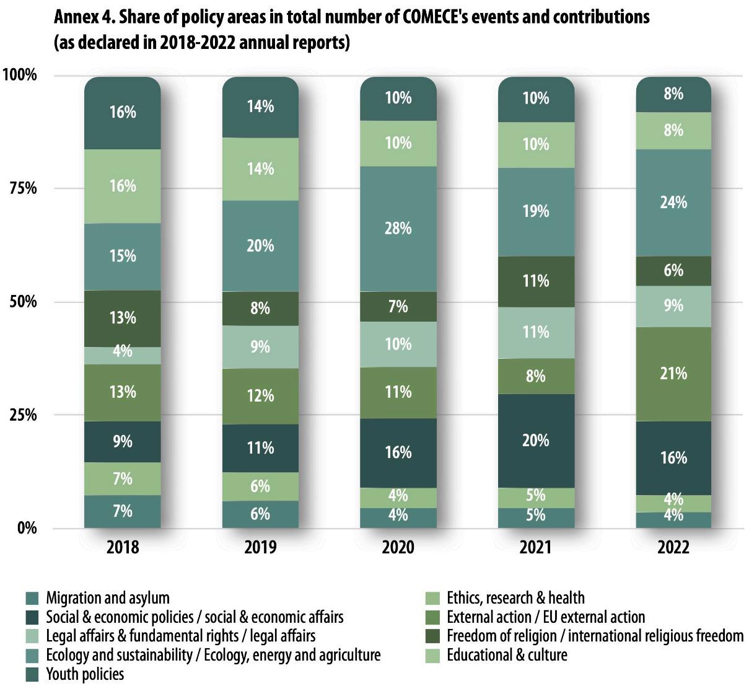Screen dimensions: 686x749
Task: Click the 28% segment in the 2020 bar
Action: (x=398, y=229)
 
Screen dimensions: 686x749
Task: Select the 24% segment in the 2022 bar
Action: (x=673, y=203)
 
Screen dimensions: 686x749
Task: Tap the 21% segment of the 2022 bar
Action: (x=673, y=374)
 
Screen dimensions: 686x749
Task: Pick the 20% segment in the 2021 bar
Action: (x=536, y=441)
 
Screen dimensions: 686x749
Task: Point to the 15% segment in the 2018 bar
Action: (x=123, y=256)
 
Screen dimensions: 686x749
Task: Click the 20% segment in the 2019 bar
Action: (x=260, y=246)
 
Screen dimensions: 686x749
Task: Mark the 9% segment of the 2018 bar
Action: (x=123, y=442)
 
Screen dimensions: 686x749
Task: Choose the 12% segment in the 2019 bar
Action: (x=260, y=395)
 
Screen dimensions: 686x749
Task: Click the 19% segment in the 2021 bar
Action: (x=536, y=211)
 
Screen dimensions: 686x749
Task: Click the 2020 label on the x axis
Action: (x=398, y=548)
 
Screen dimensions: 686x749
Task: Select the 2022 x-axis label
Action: (x=673, y=548)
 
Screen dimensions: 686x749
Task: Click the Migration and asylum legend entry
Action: (x=107, y=598)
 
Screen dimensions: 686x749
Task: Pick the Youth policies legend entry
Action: (x=85, y=674)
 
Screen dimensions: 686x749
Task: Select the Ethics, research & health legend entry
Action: (x=515, y=598)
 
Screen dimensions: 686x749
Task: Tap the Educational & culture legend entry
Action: (x=507, y=655)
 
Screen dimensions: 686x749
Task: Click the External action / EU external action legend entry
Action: (x=546, y=617)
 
